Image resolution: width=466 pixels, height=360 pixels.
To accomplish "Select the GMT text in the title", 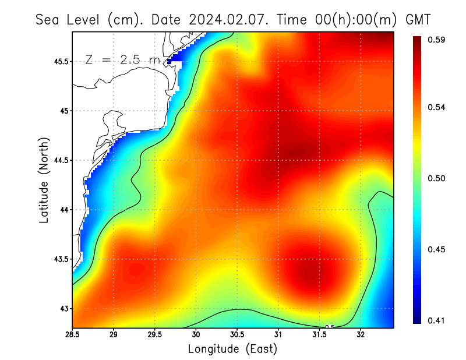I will click(x=418, y=19).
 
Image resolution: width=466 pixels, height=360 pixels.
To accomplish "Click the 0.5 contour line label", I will click(x=330, y=327).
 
